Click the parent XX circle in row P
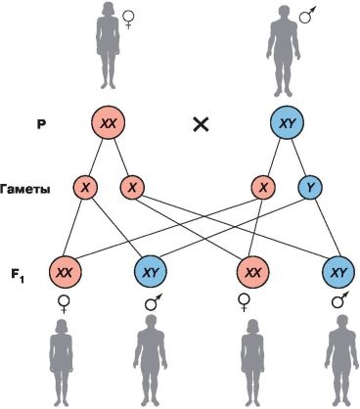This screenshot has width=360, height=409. point(108,123)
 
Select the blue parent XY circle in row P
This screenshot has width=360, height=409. point(287,123)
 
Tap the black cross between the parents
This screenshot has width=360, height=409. point(201,124)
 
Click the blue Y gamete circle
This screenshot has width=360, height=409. point(310,187)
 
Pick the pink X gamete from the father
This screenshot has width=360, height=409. point(263,187)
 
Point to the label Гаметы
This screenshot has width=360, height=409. point(25,190)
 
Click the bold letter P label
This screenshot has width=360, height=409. point(41,124)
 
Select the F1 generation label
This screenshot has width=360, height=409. point(18,276)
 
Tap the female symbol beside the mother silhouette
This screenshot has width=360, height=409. point(128,20)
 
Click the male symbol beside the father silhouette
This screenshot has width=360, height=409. point(308,15)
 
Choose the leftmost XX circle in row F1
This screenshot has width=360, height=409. point(66,272)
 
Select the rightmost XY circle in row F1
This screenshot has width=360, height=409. point(338,272)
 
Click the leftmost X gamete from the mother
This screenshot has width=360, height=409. point(85,187)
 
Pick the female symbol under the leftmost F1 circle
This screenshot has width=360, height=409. point(64,303)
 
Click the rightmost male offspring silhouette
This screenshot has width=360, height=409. point(341,361)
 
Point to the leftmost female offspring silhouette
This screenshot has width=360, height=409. point(61,363)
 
